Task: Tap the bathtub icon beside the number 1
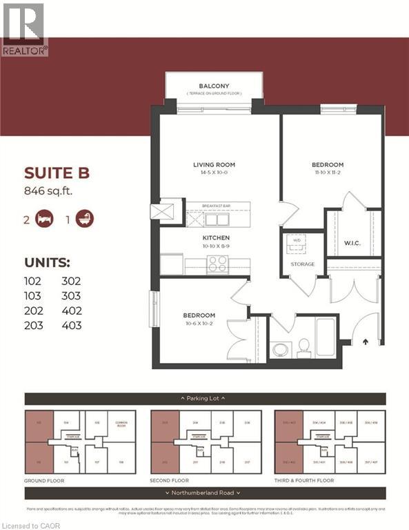click(x=85, y=219)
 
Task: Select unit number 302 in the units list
click(x=71, y=281)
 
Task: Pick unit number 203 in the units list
click(x=33, y=324)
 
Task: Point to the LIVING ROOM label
click(x=214, y=165)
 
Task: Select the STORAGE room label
click(x=302, y=264)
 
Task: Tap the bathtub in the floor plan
click(x=326, y=337)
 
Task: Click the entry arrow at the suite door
click(x=365, y=340)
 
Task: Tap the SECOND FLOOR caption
click(x=170, y=480)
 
